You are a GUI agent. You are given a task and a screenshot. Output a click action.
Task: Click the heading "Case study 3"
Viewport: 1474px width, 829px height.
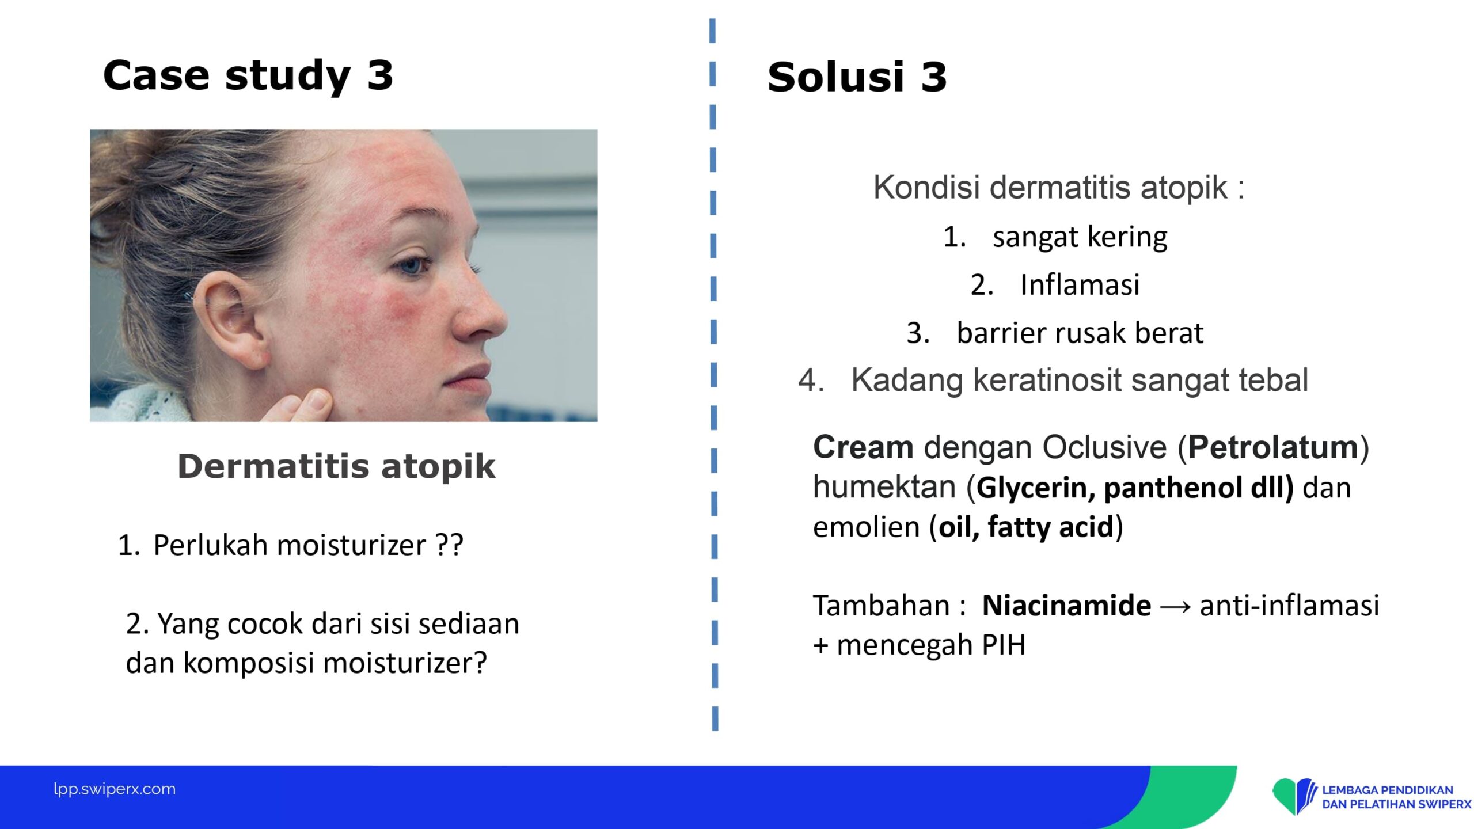[248, 76]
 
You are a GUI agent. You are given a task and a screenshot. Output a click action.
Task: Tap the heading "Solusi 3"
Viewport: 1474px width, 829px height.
[857, 77]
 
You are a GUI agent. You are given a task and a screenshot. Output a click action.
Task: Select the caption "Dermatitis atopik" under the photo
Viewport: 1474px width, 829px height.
[336, 466]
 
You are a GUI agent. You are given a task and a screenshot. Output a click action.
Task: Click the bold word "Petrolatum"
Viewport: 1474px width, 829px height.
[1274, 447]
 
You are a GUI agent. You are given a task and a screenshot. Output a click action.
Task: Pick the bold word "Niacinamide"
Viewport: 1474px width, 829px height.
[1066, 606]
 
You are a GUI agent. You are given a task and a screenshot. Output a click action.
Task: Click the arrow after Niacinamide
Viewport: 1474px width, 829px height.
[1175, 607]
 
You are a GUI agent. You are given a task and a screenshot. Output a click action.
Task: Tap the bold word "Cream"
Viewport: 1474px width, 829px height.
[863, 447]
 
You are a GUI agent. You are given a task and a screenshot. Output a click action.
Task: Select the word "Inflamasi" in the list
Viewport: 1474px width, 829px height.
[1080, 284]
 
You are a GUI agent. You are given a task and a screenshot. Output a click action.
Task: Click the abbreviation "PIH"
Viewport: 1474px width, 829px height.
[1004, 645]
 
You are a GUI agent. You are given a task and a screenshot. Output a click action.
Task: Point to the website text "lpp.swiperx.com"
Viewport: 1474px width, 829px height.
[115, 789]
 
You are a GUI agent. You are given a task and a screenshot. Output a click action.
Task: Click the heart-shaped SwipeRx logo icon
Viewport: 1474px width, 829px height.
[1294, 796]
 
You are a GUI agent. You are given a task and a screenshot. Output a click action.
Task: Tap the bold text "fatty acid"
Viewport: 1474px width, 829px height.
[1051, 527]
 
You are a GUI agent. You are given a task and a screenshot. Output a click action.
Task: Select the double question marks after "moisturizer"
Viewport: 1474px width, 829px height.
[449, 545]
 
